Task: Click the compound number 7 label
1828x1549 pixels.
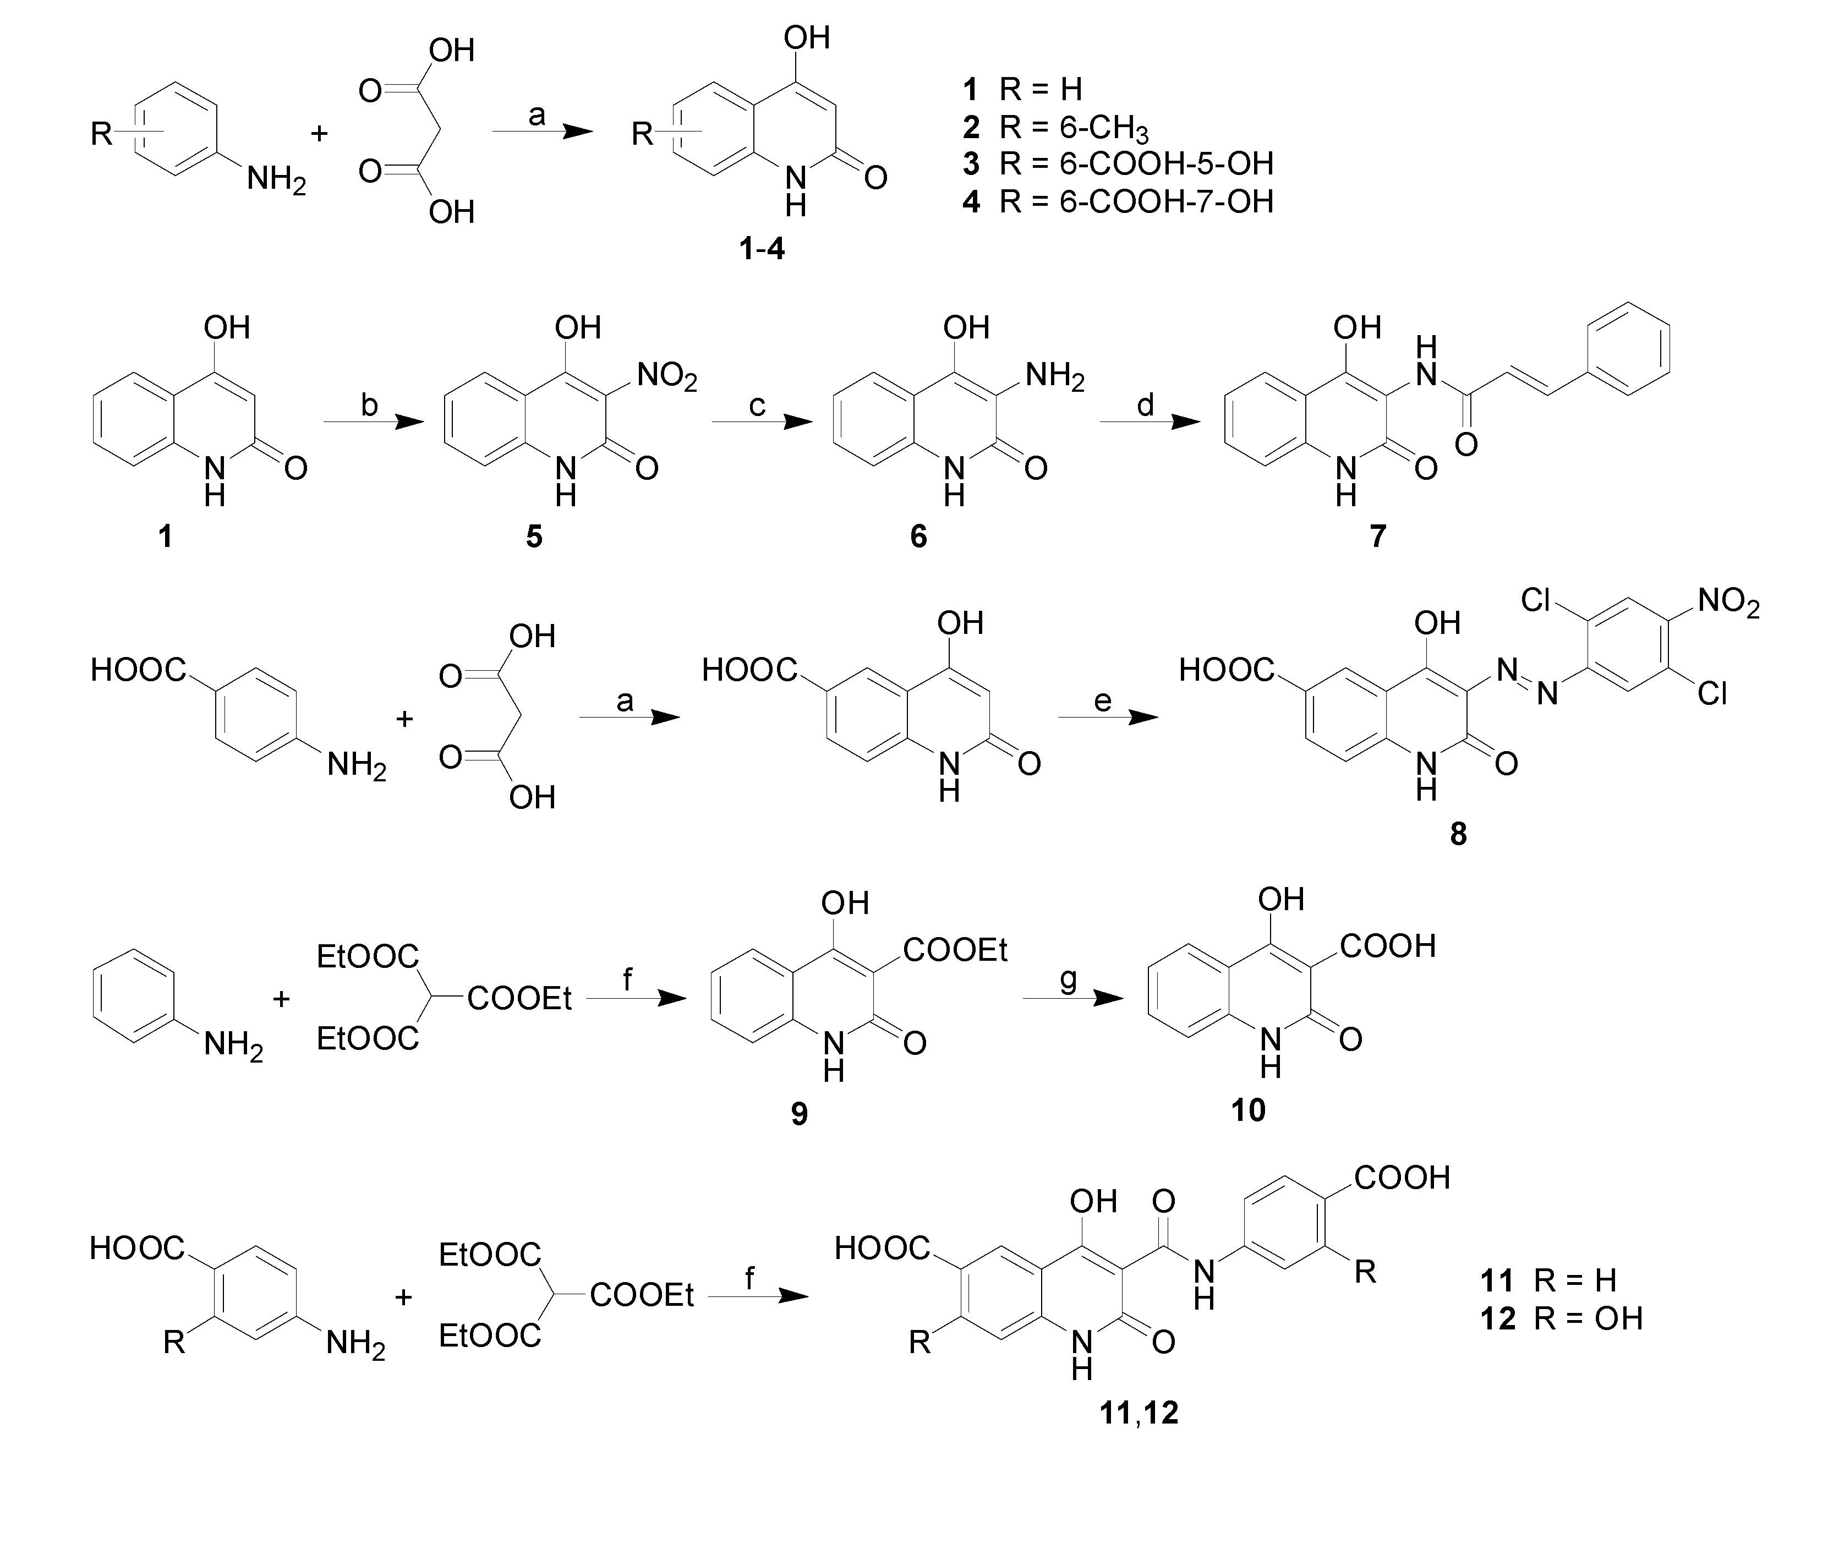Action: tap(1377, 535)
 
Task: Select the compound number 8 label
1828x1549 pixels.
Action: tap(1458, 833)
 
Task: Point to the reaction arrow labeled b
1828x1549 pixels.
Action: tap(373, 423)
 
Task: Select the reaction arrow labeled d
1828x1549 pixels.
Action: tap(1150, 423)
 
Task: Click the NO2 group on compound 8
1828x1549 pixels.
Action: tap(1728, 603)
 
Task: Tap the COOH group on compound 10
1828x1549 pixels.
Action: tap(1387, 946)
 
